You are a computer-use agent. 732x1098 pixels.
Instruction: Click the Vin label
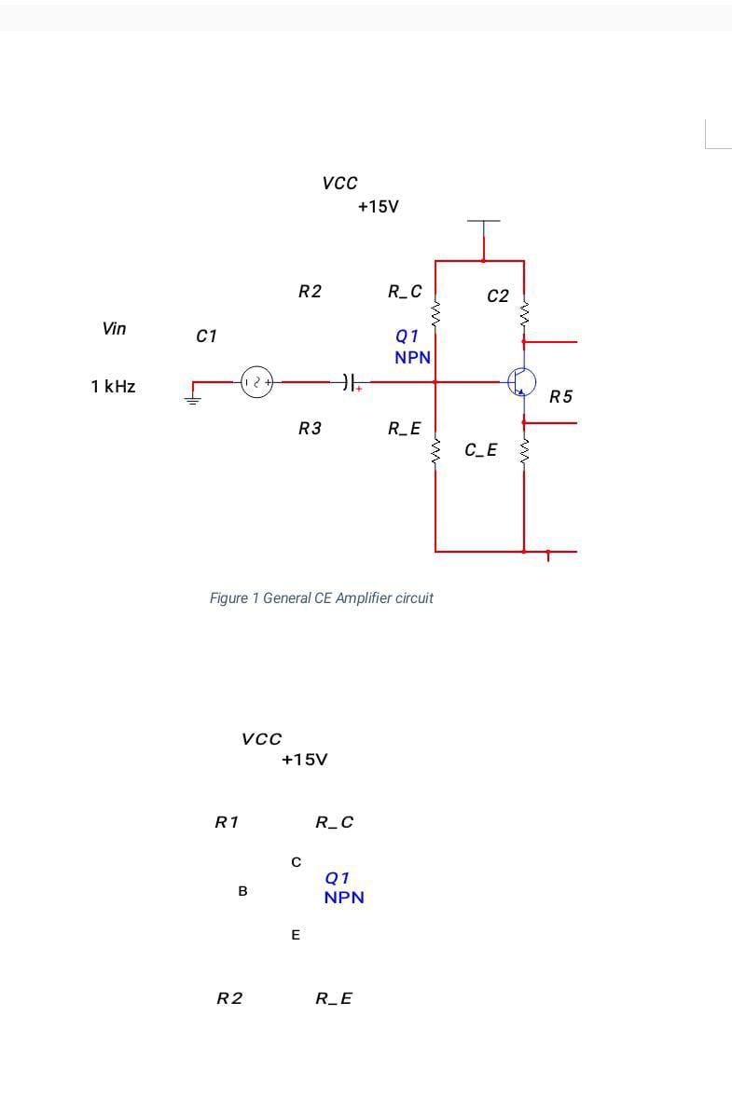[114, 328]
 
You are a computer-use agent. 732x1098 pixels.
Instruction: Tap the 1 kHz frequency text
[113, 386]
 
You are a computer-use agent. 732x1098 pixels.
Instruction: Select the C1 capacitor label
[206, 336]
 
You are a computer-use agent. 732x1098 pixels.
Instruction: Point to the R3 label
[310, 429]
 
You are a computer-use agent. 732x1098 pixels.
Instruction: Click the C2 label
[498, 296]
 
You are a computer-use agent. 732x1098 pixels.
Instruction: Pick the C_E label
[481, 451]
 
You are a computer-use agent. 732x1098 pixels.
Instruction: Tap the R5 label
[560, 397]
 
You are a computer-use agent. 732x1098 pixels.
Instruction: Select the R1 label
[227, 822]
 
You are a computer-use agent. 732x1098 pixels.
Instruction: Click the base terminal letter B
[242, 891]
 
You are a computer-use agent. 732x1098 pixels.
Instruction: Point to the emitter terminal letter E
[296, 934]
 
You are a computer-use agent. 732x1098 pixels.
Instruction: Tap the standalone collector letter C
[296, 862]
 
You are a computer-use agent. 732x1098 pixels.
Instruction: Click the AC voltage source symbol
[257, 381]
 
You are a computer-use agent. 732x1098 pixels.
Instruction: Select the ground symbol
[193, 399]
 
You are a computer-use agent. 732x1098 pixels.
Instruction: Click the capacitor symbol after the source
[347, 381]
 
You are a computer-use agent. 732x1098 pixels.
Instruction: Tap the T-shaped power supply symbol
[483, 224]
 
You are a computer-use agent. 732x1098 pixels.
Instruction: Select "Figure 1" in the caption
[234, 597]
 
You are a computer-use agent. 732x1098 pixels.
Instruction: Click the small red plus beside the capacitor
[358, 390]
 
